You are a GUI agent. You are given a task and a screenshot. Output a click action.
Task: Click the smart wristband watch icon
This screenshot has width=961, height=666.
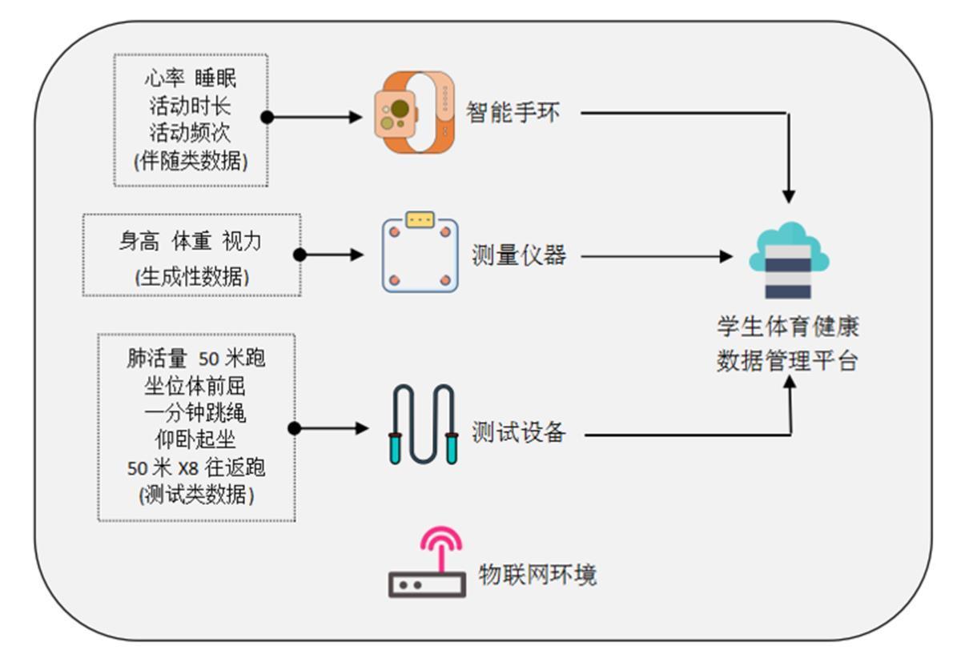click(415, 112)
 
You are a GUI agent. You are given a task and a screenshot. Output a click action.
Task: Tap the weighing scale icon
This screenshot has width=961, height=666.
click(420, 252)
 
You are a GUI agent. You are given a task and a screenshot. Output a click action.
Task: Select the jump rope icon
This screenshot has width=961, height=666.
click(423, 425)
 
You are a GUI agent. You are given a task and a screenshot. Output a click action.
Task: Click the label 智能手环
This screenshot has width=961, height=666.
click(513, 113)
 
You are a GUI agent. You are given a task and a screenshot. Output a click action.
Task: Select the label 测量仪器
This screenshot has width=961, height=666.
click(519, 256)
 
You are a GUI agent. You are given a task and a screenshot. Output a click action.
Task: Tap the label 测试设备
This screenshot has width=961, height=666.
click(519, 433)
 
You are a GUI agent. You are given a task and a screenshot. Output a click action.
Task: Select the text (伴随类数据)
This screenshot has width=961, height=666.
click(191, 161)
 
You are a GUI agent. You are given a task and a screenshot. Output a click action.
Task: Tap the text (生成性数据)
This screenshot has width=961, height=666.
click(192, 277)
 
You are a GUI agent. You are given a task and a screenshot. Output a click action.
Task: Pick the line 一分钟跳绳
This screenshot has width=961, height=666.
click(196, 413)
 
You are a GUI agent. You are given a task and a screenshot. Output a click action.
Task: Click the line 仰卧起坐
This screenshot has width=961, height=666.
click(196, 440)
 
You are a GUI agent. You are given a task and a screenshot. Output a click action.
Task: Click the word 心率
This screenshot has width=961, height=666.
click(163, 78)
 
